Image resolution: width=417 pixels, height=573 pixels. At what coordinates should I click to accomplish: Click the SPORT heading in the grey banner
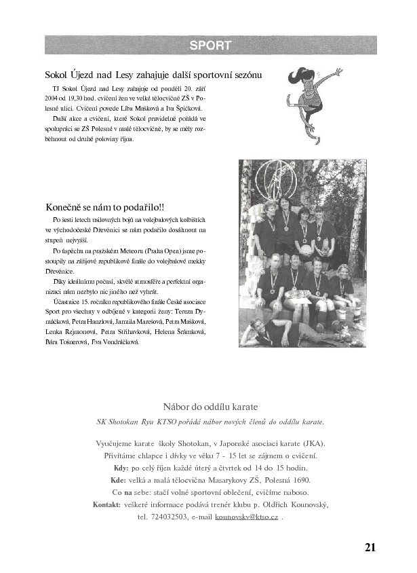coord(210,46)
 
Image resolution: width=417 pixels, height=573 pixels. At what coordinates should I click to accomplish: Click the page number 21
coord(370,547)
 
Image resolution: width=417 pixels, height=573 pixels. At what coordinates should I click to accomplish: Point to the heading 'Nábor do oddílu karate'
coord(210,407)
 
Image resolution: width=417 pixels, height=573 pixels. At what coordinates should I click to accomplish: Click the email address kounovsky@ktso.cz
coord(246,517)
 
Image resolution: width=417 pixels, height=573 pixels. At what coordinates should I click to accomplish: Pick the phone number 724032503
coord(170,517)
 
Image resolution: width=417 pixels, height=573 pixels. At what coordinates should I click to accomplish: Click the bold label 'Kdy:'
coord(121,468)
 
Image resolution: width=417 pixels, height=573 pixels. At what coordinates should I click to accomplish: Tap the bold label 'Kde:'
coord(119,481)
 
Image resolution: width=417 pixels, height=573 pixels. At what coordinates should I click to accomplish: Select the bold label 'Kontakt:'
coord(106,504)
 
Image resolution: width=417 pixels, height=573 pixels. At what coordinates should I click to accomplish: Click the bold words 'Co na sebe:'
coord(130,492)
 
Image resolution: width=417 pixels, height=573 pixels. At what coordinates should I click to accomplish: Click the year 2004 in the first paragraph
coord(53,98)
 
